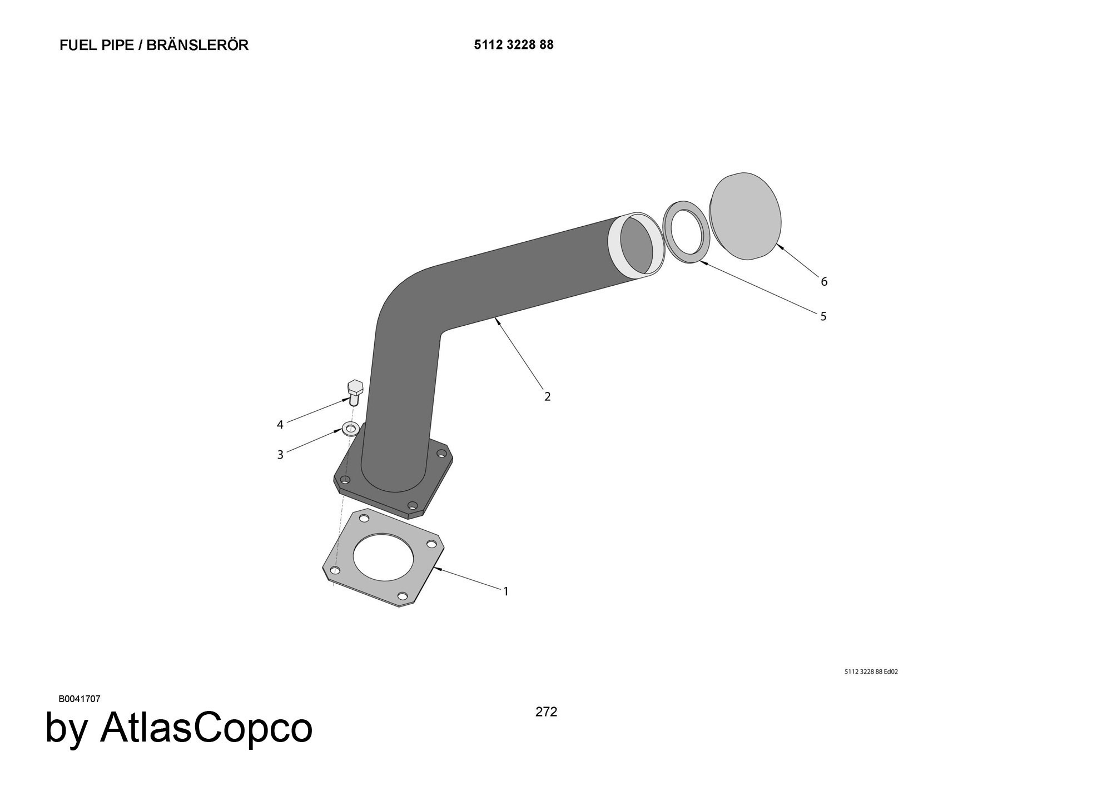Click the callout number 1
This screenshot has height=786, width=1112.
point(506,591)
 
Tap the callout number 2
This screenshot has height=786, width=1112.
point(547,396)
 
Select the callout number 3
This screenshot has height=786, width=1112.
point(280,455)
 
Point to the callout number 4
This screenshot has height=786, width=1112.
point(280,425)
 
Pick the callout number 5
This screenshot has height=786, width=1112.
point(823,316)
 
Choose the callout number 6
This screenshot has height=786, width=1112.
point(824,282)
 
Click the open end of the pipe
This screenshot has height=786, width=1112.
point(637,245)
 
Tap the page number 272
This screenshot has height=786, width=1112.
point(546,712)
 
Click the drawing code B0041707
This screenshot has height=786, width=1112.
point(80,699)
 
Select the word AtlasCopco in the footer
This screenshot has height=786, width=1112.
point(206,728)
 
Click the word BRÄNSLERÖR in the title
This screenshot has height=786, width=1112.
point(197,45)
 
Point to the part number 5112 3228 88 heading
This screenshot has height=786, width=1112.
point(514,45)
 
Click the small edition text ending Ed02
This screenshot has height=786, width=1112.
point(871,671)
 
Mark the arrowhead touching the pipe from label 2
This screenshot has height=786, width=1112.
point(496,321)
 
